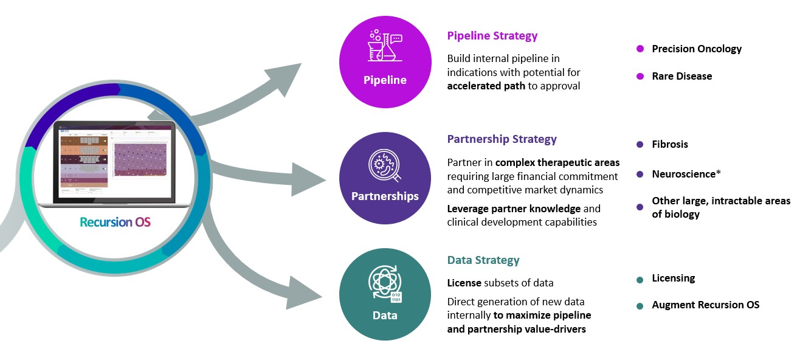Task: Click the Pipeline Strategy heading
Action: (492, 36)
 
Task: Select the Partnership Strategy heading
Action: (502, 139)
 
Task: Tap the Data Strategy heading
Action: (483, 260)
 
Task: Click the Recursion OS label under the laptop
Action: (115, 222)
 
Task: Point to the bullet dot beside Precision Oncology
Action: (640, 49)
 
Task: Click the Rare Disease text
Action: (681, 76)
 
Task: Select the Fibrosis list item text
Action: (670, 144)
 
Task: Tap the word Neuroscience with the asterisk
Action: (686, 174)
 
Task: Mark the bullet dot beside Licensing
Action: (640, 280)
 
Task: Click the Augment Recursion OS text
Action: (705, 305)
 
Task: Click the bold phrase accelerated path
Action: (486, 86)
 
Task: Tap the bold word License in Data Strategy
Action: (464, 283)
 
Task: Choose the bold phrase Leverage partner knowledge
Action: (514, 209)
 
